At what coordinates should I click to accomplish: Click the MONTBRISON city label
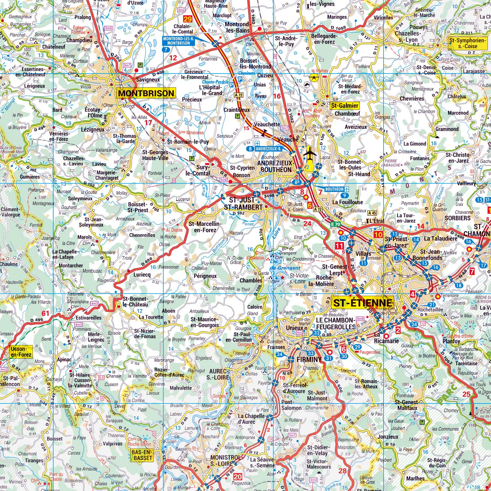tap(146, 93)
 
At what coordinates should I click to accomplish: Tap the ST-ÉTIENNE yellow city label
tap(363, 303)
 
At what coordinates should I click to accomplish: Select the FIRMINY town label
tap(309, 359)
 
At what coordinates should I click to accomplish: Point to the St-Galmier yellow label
tap(345, 106)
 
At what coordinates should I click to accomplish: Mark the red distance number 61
tap(45, 313)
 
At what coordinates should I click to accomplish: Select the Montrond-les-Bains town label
tap(237, 27)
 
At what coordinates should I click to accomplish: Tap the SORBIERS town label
tap(457, 218)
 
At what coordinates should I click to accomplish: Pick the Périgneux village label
tap(205, 276)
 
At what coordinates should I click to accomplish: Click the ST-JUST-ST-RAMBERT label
tap(244, 203)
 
